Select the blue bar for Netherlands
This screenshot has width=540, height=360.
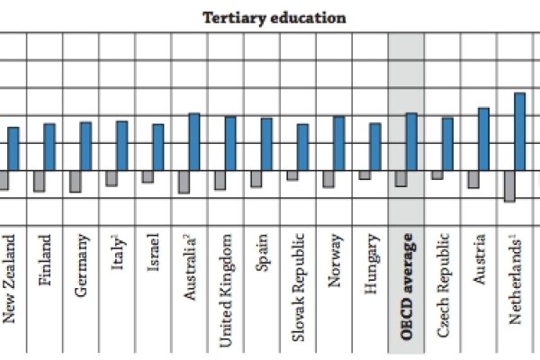point(519,131)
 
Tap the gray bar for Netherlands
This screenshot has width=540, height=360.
point(508,185)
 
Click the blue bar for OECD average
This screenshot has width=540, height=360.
point(410,142)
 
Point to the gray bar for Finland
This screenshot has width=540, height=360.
point(39,181)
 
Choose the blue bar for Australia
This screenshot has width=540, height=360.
point(193,142)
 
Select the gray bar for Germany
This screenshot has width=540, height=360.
point(75,182)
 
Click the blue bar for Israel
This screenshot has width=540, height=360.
point(158,148)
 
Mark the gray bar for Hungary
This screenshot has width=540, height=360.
point(364,175)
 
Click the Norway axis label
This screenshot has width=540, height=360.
point(334,261)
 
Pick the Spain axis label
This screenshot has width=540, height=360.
point(262,255)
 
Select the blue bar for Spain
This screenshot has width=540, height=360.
point(266,145)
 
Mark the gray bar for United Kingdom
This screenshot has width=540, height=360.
point(220,180)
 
